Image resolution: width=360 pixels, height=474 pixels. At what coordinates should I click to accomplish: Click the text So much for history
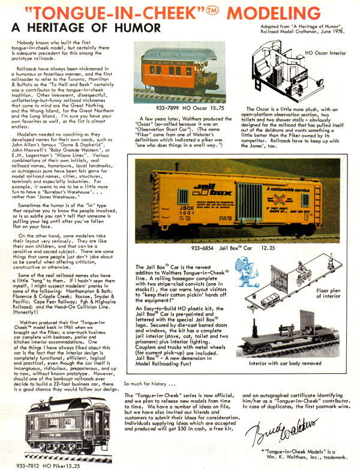pyautogui.click(x=150, y=383)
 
